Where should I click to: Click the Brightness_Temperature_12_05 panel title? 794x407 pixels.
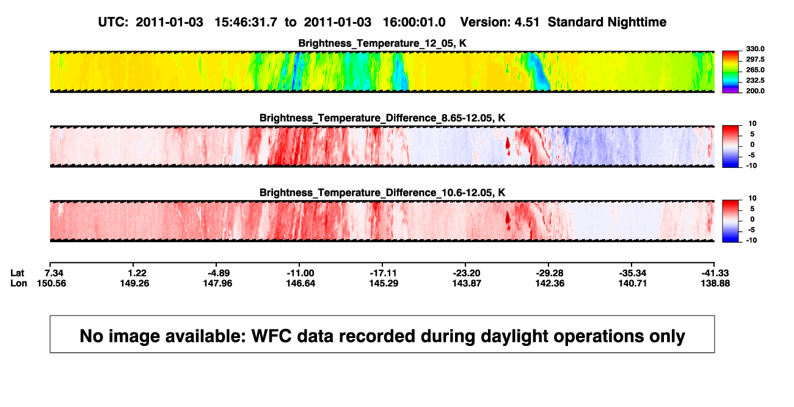pyautogui.click(x=382, y=43)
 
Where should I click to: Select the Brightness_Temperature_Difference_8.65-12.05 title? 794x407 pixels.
pyautogui.click(x=382, y=118)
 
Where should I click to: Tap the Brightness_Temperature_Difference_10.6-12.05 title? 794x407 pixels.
pyautogui.click(x=382, y=193)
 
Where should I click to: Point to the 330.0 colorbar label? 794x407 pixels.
pyautogui.click(x=755, y=49)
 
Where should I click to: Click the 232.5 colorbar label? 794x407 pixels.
pyautogui.click(x=755, y=81)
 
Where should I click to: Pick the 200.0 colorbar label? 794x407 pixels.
pyautogui.click(x=755, y=91)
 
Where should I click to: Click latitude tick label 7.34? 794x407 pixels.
pyautogui.click(x=54, y=273)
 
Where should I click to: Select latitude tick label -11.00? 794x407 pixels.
pyautogui.click(x=300, y=273)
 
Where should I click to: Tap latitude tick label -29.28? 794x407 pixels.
pyautogui.click(x=550, y=273)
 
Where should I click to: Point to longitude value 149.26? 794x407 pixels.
pyautogui.click(x=134, y=283)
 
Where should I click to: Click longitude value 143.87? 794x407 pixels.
pyautogui.click(x=467, y=283)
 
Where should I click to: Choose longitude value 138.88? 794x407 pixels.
pyautogui.click(x=715, y=283)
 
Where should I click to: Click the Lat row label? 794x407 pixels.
pyautogui.click(x=17, y=273)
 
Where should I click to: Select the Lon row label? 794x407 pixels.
pyautogui.click(x=18, y=283)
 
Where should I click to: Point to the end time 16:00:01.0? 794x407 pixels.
pyautogui.click(x=414, y=23)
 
